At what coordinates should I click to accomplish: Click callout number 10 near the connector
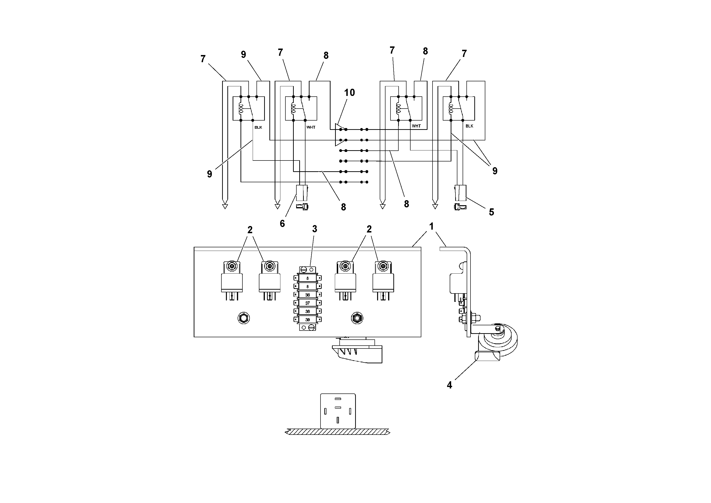349,92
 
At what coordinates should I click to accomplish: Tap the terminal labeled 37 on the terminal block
308,303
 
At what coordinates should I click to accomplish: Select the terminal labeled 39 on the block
308,320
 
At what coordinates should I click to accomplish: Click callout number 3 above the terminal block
315,229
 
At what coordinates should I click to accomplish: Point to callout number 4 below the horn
449,385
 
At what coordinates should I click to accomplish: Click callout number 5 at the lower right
492,212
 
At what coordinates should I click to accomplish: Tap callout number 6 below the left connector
282,224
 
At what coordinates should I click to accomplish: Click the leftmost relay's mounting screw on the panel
232,266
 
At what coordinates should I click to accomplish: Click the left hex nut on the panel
244,318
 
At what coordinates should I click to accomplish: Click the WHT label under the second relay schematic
310,127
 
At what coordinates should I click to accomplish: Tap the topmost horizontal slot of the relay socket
338,399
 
